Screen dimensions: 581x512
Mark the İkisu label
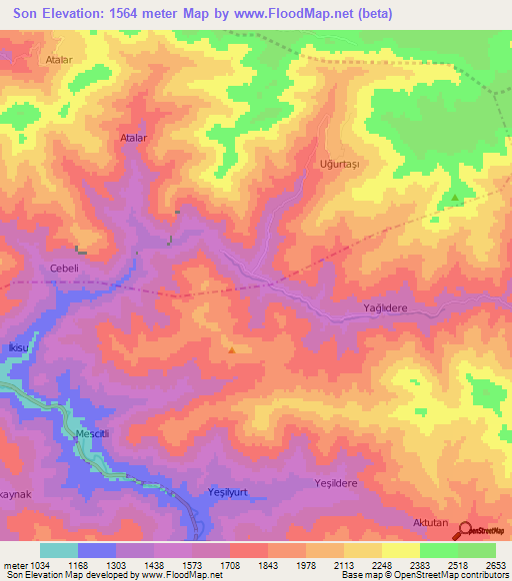15,345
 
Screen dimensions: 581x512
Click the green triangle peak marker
456,198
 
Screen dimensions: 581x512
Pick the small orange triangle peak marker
232,349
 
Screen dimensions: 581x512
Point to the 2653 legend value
496,565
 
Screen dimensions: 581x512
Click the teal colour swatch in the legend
59,550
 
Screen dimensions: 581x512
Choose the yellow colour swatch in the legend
400,550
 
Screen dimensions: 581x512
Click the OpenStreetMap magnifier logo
464,530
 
